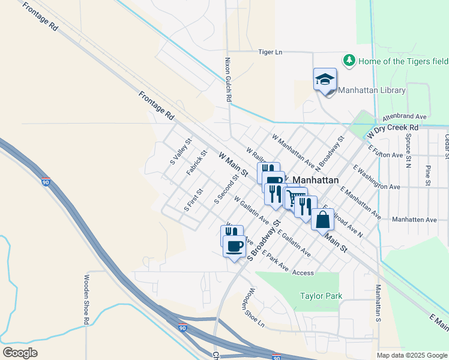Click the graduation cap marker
325,80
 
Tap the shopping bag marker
323,220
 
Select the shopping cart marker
293,198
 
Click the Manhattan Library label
372,91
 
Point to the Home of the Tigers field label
403,61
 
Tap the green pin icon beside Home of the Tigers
349,61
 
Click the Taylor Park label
321,296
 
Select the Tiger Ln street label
270,52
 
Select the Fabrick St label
196,163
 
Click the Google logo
20,352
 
